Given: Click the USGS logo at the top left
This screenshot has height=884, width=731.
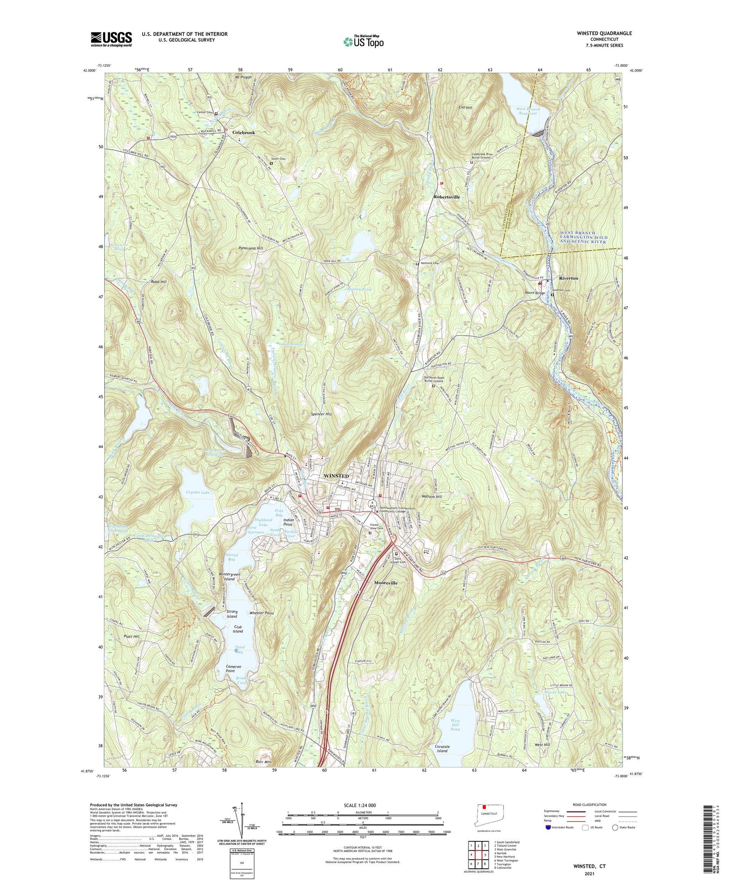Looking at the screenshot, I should (111, 39).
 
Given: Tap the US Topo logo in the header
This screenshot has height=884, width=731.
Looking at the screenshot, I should (363, 42).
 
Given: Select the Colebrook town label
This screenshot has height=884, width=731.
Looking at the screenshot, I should (243, 133).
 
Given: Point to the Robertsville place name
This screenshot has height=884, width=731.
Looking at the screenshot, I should (447, 196).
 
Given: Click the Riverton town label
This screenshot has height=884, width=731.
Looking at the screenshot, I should (568, 278).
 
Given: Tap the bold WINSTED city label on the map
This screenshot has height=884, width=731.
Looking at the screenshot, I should (336, 476).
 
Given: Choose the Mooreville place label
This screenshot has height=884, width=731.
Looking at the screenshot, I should (386, 583).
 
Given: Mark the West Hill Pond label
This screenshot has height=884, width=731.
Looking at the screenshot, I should (455, 725).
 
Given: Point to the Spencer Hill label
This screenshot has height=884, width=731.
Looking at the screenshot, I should (321, 414).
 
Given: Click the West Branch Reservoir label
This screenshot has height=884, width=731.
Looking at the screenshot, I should (528, 111).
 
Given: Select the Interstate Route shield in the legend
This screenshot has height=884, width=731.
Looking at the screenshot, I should (548, 827).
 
